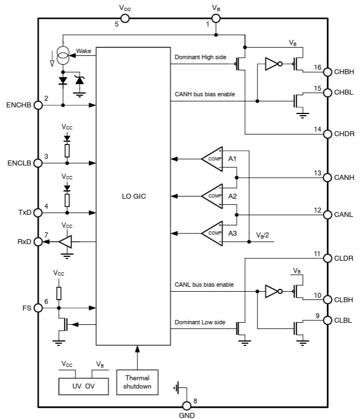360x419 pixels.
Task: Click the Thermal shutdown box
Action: [137, 382]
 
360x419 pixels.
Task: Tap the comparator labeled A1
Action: [212, 159]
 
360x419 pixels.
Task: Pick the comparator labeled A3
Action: [212, 232]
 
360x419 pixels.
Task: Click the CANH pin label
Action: [344, 178]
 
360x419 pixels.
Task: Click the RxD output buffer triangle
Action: [66, 241]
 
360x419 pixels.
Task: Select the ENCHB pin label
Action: [19, 105]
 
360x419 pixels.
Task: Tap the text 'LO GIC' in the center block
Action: [133, 196]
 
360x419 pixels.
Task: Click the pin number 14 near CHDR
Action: [317, 129]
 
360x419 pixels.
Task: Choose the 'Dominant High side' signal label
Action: [200, 57]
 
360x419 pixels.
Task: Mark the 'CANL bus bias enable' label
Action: [204, 284]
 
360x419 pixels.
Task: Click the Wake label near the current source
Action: [84, 51]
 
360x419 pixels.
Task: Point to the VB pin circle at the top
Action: [215, 18]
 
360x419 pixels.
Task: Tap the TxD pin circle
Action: [39, 213]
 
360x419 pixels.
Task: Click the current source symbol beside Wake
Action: [63, 57]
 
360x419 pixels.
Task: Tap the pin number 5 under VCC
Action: [116, 24]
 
